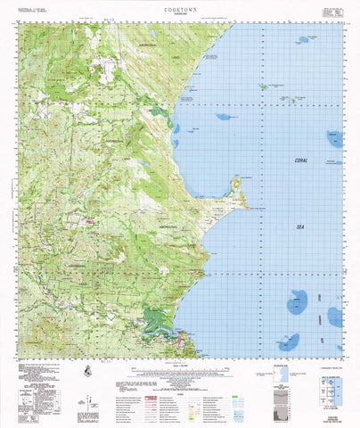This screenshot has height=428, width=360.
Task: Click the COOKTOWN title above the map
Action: [179, 6]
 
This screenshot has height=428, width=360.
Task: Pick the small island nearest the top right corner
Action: [305, 39]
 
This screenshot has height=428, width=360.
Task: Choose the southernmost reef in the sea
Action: [287, 341]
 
